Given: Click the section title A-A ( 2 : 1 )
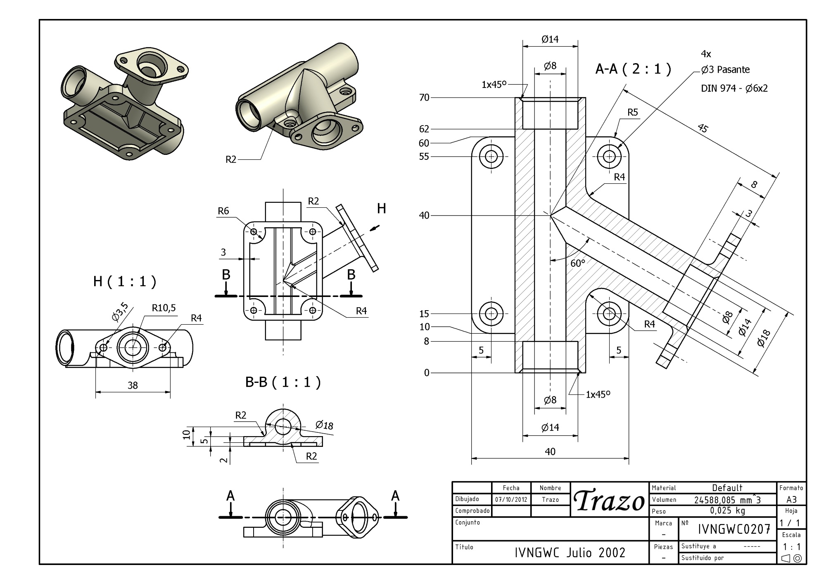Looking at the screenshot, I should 633,69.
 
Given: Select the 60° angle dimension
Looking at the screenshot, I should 577,263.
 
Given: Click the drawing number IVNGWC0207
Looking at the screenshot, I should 734,529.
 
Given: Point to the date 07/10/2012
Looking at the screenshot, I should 511,499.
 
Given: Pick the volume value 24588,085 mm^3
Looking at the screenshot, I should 727,500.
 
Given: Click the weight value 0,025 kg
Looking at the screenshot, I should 727,511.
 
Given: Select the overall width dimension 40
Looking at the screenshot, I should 550,451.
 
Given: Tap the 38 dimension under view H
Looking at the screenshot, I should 132,385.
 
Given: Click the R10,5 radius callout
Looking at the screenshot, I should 164,308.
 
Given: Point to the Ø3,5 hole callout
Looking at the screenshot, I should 120,312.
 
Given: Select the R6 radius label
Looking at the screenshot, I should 223,211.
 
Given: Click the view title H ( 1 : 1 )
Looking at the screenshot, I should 125,282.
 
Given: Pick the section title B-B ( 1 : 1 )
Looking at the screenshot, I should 283,382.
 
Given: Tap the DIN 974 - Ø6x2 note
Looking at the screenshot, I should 734,88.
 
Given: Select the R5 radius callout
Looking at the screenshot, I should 632,112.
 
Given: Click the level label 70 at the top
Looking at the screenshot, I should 424,98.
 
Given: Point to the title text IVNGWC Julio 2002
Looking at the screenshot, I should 570,553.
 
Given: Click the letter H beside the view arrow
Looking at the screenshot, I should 381,209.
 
